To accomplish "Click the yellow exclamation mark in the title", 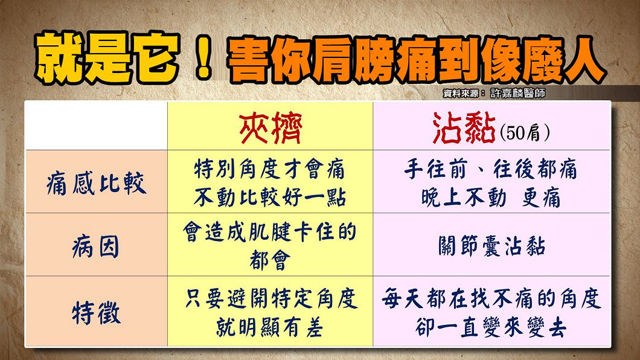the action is [203, 57].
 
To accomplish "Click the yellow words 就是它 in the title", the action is [107, 57].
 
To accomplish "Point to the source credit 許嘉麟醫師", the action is [517, 94].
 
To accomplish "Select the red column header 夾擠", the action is [270, 128].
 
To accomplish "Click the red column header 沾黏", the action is [464, 128].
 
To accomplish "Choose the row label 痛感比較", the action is [97, 183].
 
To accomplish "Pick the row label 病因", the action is [96, 246].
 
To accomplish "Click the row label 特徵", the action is [97, 313].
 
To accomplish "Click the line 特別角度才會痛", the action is [270, 169].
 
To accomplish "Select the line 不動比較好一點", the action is [270, 198].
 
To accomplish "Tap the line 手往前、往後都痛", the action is [491, 169].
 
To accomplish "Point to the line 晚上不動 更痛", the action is [491, 198].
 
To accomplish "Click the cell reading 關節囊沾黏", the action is [491, 246].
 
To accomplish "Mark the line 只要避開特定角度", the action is [271, 299].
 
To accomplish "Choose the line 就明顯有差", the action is [270, 327].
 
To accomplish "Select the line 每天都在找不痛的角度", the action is [491, 299].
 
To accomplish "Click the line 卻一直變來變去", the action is [491, 327].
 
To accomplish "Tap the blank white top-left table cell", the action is [97, 126].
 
